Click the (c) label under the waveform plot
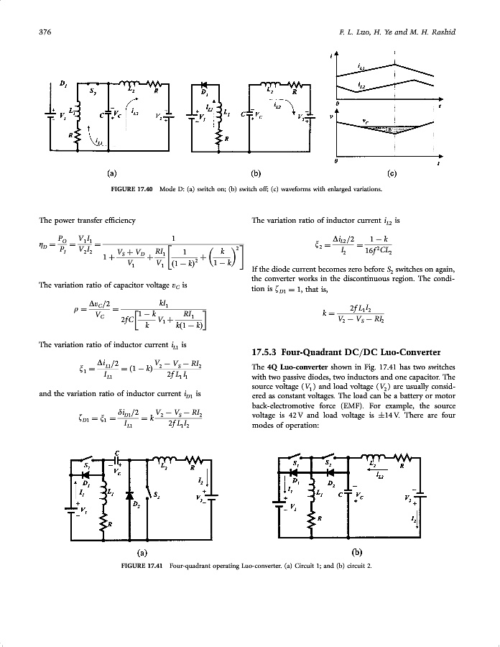[x=392, y=173]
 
